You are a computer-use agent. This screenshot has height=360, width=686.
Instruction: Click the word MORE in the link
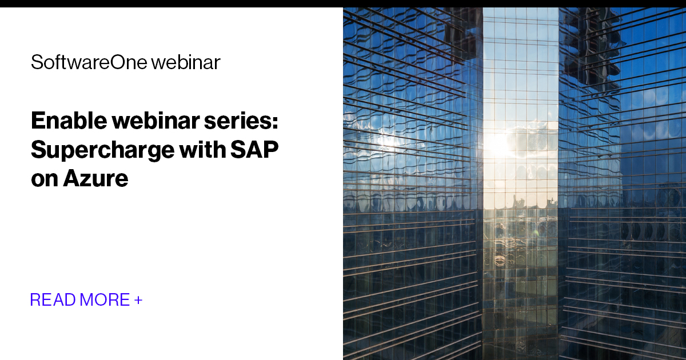[x=105, y=299]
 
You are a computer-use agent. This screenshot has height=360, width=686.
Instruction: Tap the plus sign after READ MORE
[x=138, y=299]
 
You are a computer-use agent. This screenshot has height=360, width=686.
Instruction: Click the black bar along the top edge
[x=343, y=3]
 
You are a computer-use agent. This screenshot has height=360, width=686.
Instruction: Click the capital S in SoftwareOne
[x=35, y=62]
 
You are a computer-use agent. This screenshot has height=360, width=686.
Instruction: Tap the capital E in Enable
[x=38, y=121]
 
